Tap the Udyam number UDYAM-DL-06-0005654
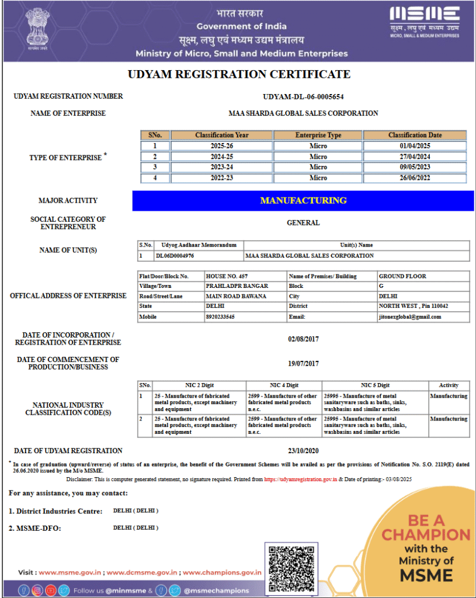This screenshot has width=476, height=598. pos(303,97)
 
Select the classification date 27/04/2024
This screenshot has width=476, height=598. pos(415,157)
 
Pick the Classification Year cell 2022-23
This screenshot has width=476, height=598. pos(221,178)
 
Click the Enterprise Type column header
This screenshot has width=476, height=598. pos(318,135)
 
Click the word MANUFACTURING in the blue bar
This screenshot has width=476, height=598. pos(303,200)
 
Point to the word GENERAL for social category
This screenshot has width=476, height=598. pos(303,222)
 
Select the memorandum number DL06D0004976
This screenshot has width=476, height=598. pos(175,256)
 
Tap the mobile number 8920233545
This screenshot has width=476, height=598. pos(220,317)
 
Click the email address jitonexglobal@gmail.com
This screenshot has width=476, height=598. pos(409,317)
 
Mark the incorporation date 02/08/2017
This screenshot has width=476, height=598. pos(303,339)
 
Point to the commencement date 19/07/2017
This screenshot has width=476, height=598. pos(303,363)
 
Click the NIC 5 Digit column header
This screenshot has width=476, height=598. pos(374,385)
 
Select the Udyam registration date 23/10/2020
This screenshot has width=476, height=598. pos(303,450)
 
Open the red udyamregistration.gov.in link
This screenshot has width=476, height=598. pos(300,479)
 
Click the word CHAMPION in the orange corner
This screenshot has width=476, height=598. pos(426,534)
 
